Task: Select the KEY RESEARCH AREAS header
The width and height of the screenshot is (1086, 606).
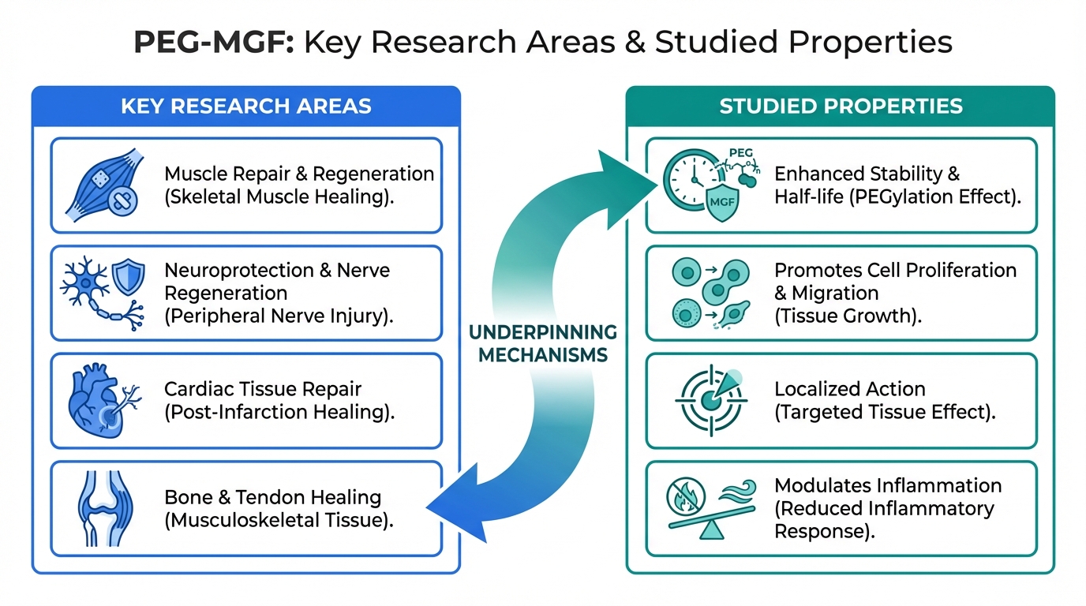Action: tap(245, 107)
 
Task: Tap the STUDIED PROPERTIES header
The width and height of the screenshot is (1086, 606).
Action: tap(841, 107)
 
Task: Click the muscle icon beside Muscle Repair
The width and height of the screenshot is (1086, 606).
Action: tap(103, 185)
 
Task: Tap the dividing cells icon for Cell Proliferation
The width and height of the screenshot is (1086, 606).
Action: tap(710, 293)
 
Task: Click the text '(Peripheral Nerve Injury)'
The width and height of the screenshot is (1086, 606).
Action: tap(279, 316)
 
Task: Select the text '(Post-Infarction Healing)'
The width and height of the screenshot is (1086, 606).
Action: tap(279, 412)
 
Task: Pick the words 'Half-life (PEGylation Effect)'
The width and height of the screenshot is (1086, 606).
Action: tap(897, 196)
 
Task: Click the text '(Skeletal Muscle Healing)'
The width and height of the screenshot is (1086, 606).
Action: tap(279, 196)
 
